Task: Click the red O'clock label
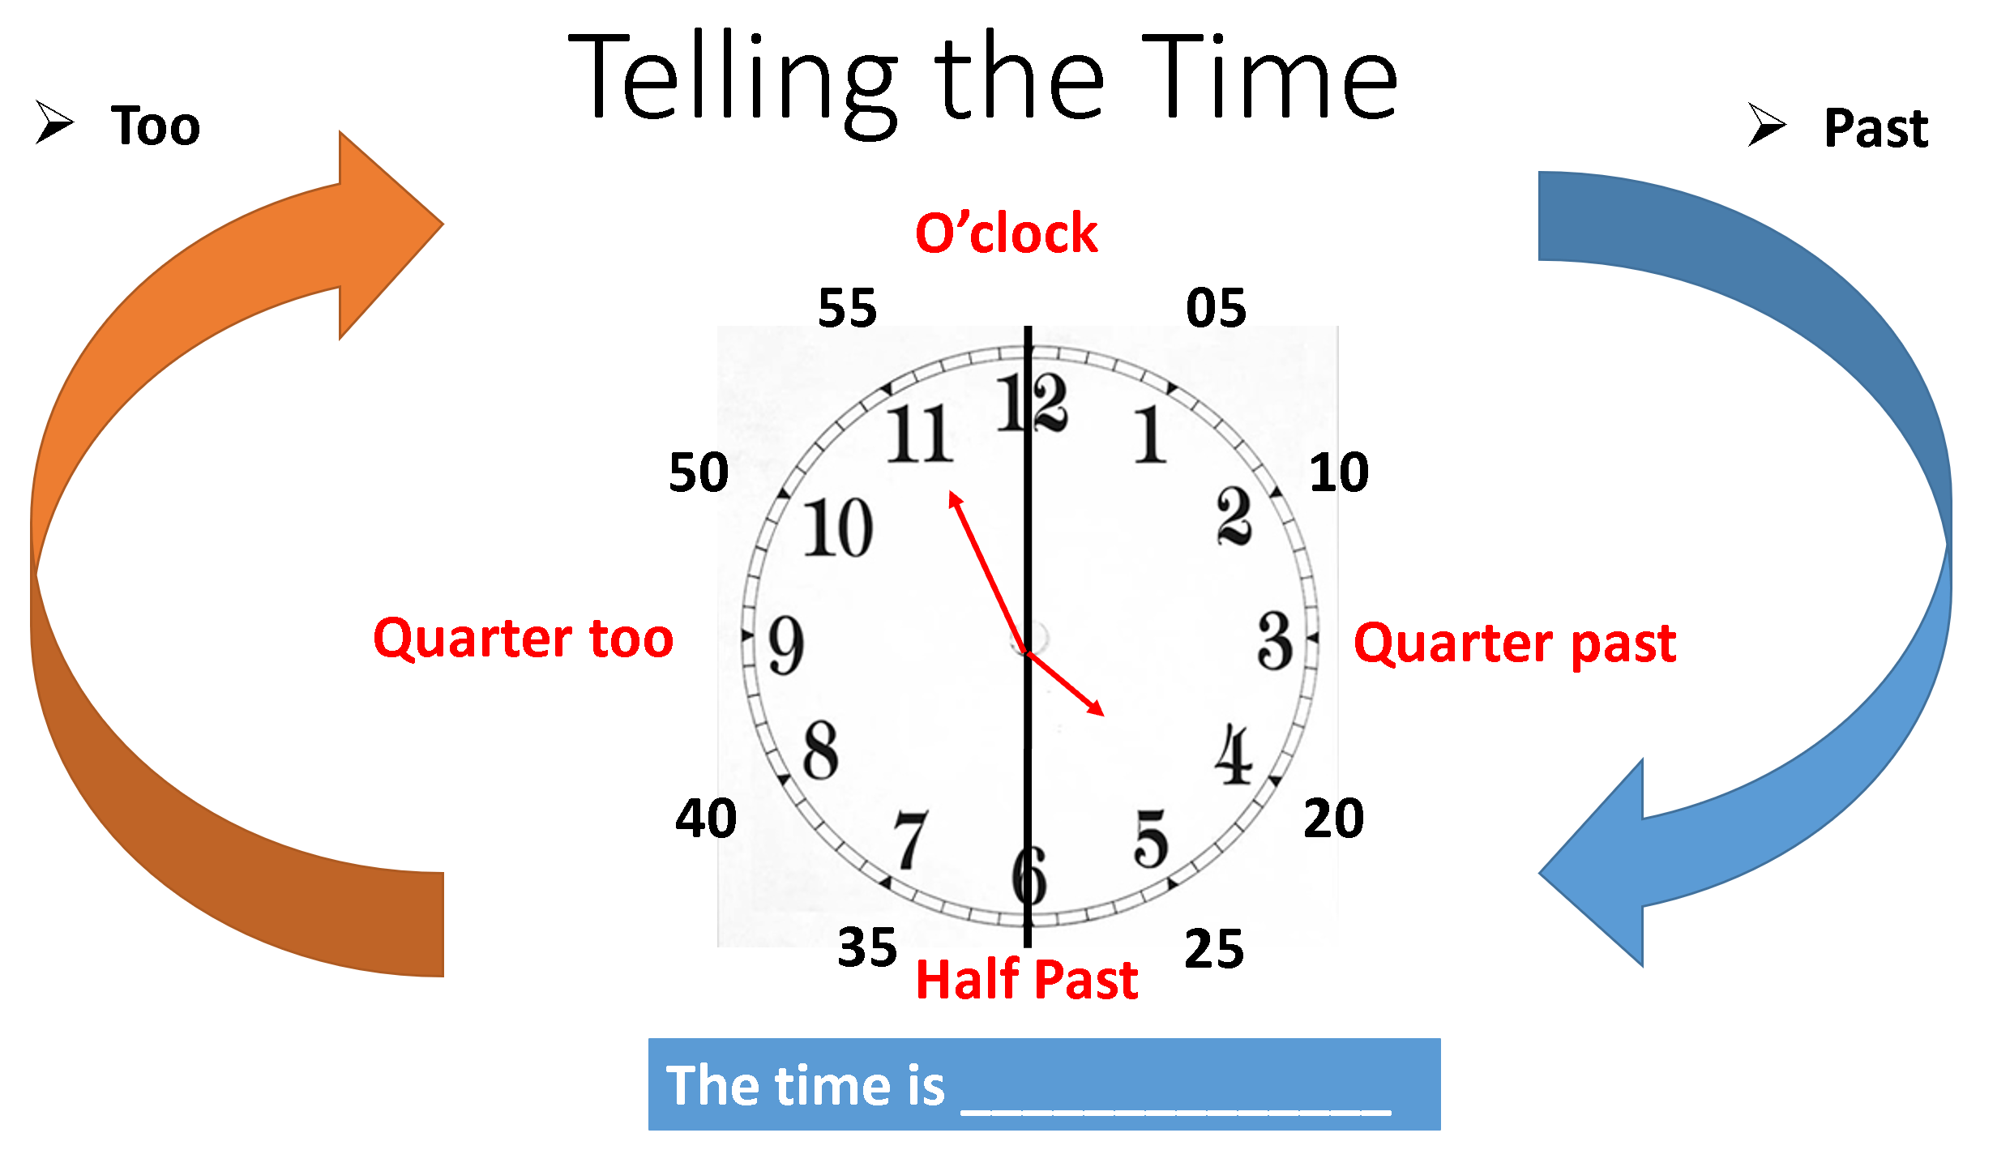1006,233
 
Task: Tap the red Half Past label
1026,979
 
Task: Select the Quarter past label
1514,643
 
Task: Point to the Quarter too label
523,639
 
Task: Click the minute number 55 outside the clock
847,308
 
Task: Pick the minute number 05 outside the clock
1215,308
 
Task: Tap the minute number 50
698,472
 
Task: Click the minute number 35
867,947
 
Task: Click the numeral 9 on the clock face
785,645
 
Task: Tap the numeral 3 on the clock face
1275,641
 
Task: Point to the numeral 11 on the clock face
920,434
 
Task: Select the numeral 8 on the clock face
820,750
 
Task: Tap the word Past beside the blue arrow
1875,128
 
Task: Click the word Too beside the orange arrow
155,126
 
